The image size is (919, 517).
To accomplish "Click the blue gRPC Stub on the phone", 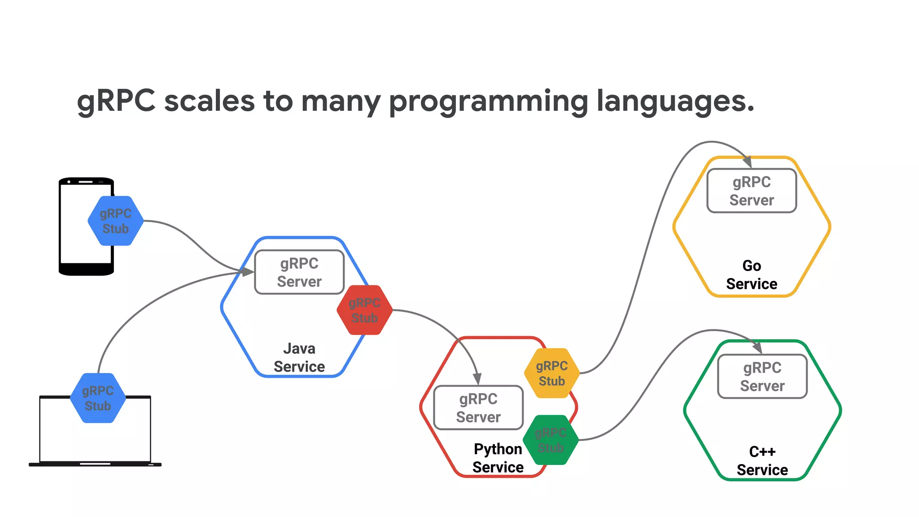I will [x=116, y=221].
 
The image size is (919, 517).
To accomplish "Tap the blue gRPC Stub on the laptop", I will [x=98, y=398].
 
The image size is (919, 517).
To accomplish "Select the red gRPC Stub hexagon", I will [x=364, y=310].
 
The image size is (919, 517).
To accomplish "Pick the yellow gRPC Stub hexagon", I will [x=552, y=373].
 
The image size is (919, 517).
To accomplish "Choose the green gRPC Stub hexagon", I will [x=551, y=440].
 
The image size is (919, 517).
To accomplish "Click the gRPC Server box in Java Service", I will [x=299, y=272].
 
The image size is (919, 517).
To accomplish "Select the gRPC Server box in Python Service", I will [x=478, y=407].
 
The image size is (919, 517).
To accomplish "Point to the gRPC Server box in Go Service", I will [x=752, y=191].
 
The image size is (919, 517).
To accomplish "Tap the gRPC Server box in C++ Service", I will [x=762, y=377].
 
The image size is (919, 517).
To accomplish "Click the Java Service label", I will [x=299, y=358].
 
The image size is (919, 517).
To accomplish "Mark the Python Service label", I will [x=498, y=458].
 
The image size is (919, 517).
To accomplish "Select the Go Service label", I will [x=752, y=275].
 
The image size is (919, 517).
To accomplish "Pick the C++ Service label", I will [x=762, y=460].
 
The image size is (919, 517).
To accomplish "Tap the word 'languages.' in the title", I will [x=675, y=102].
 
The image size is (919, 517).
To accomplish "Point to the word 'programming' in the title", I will [x=488, y=102].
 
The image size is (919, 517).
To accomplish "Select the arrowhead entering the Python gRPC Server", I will [x=477, y=379].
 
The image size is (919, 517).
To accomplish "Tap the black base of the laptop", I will [x=95, y=464].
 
